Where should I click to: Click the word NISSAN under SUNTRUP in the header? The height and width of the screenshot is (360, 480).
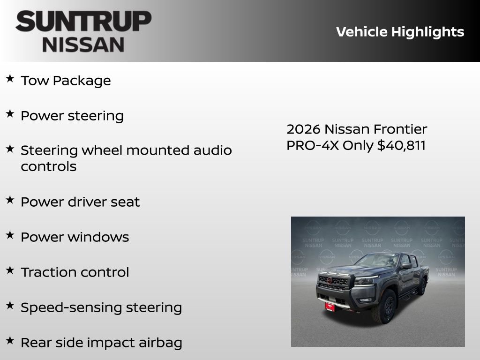83,45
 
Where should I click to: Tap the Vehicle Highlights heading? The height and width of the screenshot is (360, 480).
400,32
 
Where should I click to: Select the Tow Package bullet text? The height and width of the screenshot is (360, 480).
66,81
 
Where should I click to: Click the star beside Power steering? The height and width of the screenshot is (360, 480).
9,114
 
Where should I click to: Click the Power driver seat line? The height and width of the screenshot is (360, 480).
80,202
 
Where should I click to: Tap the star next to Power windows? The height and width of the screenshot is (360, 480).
9,235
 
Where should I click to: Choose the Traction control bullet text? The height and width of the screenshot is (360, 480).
75,272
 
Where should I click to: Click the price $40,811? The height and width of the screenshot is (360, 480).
402,145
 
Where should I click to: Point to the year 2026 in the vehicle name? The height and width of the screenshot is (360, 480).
303,129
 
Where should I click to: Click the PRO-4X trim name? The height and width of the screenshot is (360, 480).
313,145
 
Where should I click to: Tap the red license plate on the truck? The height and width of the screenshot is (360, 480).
330,306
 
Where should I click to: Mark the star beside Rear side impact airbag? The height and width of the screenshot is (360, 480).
9,341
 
